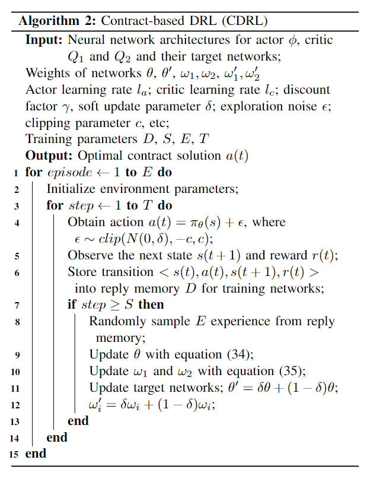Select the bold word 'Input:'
point(45,40)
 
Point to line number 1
point(15,173)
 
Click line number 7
point(15,305)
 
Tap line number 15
point(12,454)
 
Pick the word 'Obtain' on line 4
point(85,223)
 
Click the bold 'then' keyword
point(151,304)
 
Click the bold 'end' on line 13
point(78,420)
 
